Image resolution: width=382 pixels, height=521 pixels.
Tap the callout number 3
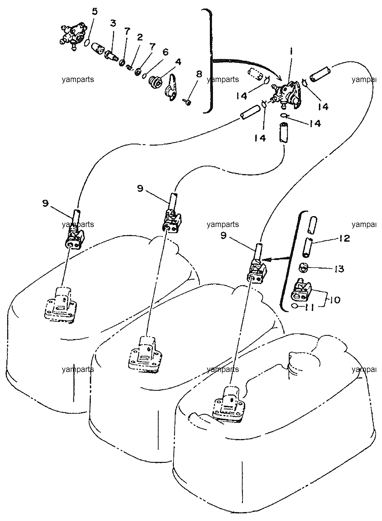pos(113,24)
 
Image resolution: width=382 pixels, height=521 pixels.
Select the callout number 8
pos(199,74)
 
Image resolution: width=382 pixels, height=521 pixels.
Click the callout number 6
pos(165,52)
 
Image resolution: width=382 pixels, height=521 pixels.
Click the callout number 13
pos(338,269)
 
